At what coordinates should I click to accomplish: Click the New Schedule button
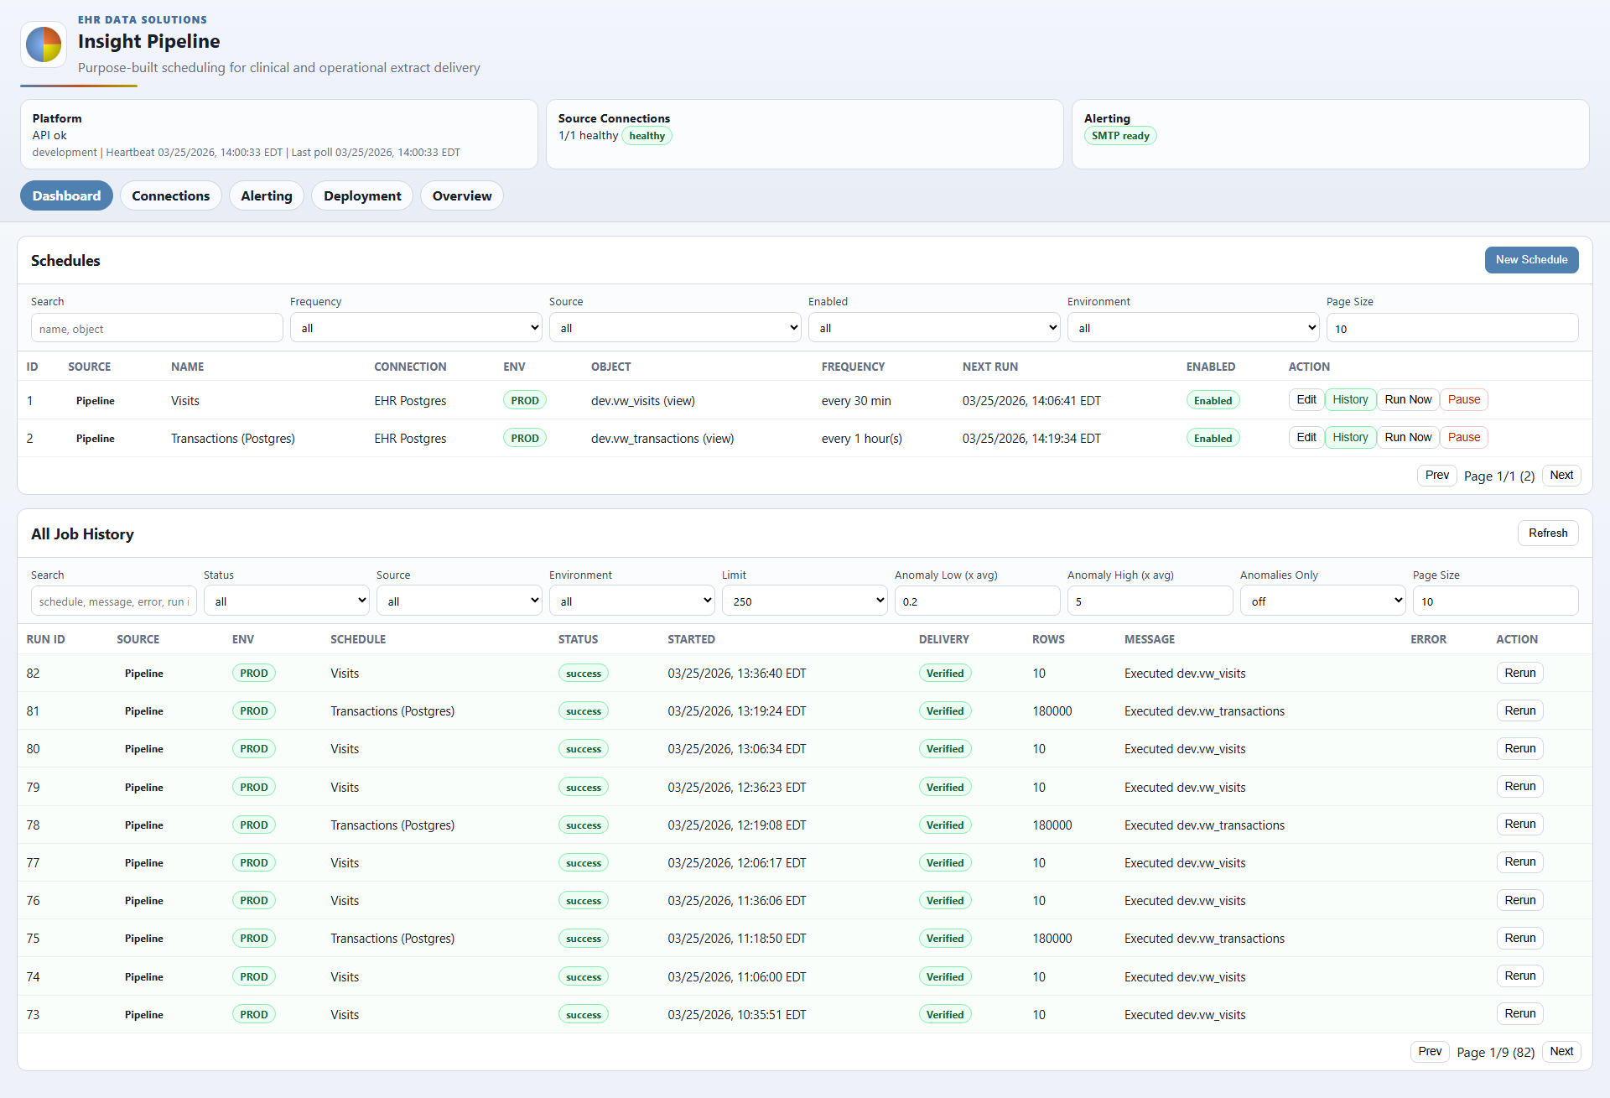1531,260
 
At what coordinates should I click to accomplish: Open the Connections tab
170,196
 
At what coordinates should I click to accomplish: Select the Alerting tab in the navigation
266,196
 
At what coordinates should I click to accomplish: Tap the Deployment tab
362,196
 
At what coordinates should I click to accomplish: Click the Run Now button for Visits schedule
1408,400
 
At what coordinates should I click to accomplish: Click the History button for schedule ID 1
1350,400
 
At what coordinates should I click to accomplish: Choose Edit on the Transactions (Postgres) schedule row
1306,438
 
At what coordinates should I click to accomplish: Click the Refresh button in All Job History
1547,533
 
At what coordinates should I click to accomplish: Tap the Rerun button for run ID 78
1519,825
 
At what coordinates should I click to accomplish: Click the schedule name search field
157,329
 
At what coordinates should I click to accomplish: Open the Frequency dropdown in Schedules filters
416,328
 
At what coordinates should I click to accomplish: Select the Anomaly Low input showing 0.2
977,601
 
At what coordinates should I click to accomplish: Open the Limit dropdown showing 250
804,601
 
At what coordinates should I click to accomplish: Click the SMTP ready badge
1120,136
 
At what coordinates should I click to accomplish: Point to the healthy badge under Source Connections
647,136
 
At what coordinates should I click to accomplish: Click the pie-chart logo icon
44,44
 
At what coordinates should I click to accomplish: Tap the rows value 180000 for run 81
1052,711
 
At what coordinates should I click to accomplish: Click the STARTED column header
691,639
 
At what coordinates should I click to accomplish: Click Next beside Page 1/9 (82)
1561,1052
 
